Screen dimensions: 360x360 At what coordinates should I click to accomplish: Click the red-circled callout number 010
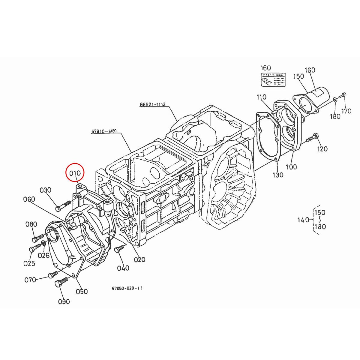point(75,173)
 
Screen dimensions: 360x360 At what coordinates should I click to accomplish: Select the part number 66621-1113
point(152,105)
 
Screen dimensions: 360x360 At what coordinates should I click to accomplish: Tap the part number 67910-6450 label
point(104,131)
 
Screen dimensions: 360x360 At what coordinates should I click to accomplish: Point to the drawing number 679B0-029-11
point(127,288)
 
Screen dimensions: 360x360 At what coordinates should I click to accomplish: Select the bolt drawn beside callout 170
point(342,96)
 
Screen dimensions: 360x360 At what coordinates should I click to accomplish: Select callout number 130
point(278,175)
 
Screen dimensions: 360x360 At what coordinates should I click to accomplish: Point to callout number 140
point(303,220)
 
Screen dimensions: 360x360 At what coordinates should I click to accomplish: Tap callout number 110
point(261,97)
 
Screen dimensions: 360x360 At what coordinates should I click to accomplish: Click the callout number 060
point(29,199)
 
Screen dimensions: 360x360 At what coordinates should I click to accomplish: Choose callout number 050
point(82,291)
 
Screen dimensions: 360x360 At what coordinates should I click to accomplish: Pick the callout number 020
point(139,259)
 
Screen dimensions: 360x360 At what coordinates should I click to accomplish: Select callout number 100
point(291,167)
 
